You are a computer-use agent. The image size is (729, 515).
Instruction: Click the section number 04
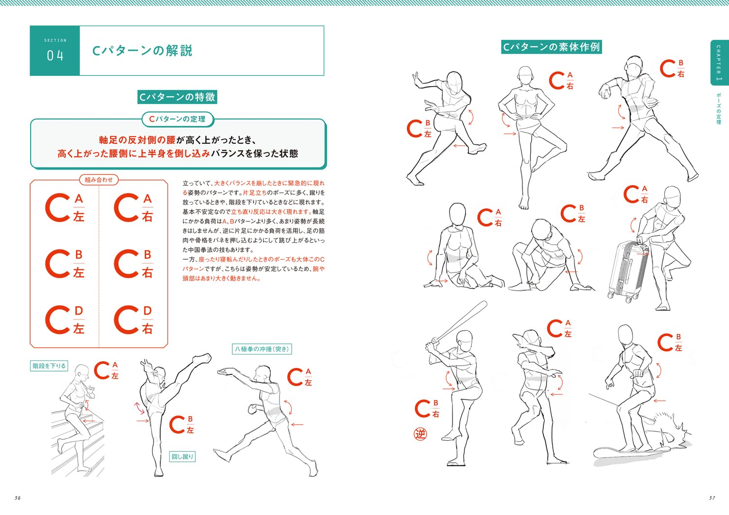coord(55,55)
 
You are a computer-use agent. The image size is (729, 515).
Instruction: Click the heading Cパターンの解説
coord(142,51)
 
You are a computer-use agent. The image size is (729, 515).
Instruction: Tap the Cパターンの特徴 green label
coord(177,97)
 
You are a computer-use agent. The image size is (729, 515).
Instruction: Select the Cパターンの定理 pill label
coord(177,119)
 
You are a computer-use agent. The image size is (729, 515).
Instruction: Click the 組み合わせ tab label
coord(99,180)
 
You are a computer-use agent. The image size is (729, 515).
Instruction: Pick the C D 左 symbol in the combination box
coord(65,320)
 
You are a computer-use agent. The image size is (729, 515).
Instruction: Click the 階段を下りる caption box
coord(49,366)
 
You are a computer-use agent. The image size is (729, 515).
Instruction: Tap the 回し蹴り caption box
coord(183,457)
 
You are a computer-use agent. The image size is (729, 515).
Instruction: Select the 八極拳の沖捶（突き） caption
coord(262,349)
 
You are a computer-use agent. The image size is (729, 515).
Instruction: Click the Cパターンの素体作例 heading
coord(551,47)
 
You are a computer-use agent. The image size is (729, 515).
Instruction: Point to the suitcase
coord(628,270)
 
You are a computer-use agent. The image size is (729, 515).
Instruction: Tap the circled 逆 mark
coord(420,433)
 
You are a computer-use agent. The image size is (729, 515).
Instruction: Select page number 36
coord(17,498)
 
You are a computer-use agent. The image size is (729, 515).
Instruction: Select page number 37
coord(712,498)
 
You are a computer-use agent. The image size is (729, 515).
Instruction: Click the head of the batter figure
coord(466,340)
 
